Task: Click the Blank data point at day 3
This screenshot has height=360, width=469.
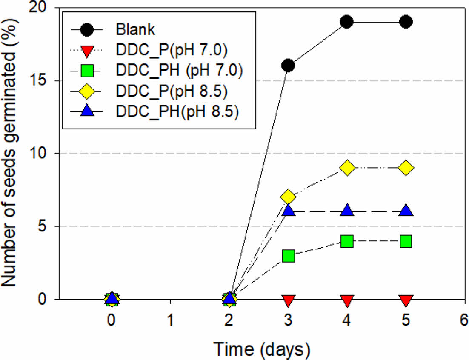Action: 288,66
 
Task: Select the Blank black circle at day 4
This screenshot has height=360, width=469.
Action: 347,22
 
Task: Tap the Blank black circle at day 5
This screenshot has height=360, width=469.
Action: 406,22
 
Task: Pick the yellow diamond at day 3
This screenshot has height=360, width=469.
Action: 288,197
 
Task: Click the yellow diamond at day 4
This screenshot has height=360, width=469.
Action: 347,168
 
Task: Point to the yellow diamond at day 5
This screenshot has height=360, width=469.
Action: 406,168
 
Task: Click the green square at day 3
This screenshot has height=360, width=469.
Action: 288,256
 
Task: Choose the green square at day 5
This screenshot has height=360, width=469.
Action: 406,241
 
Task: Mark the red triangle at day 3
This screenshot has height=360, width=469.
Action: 288,301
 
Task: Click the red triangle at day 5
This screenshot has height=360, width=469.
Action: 406,301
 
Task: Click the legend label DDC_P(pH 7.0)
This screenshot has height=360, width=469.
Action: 172,51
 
